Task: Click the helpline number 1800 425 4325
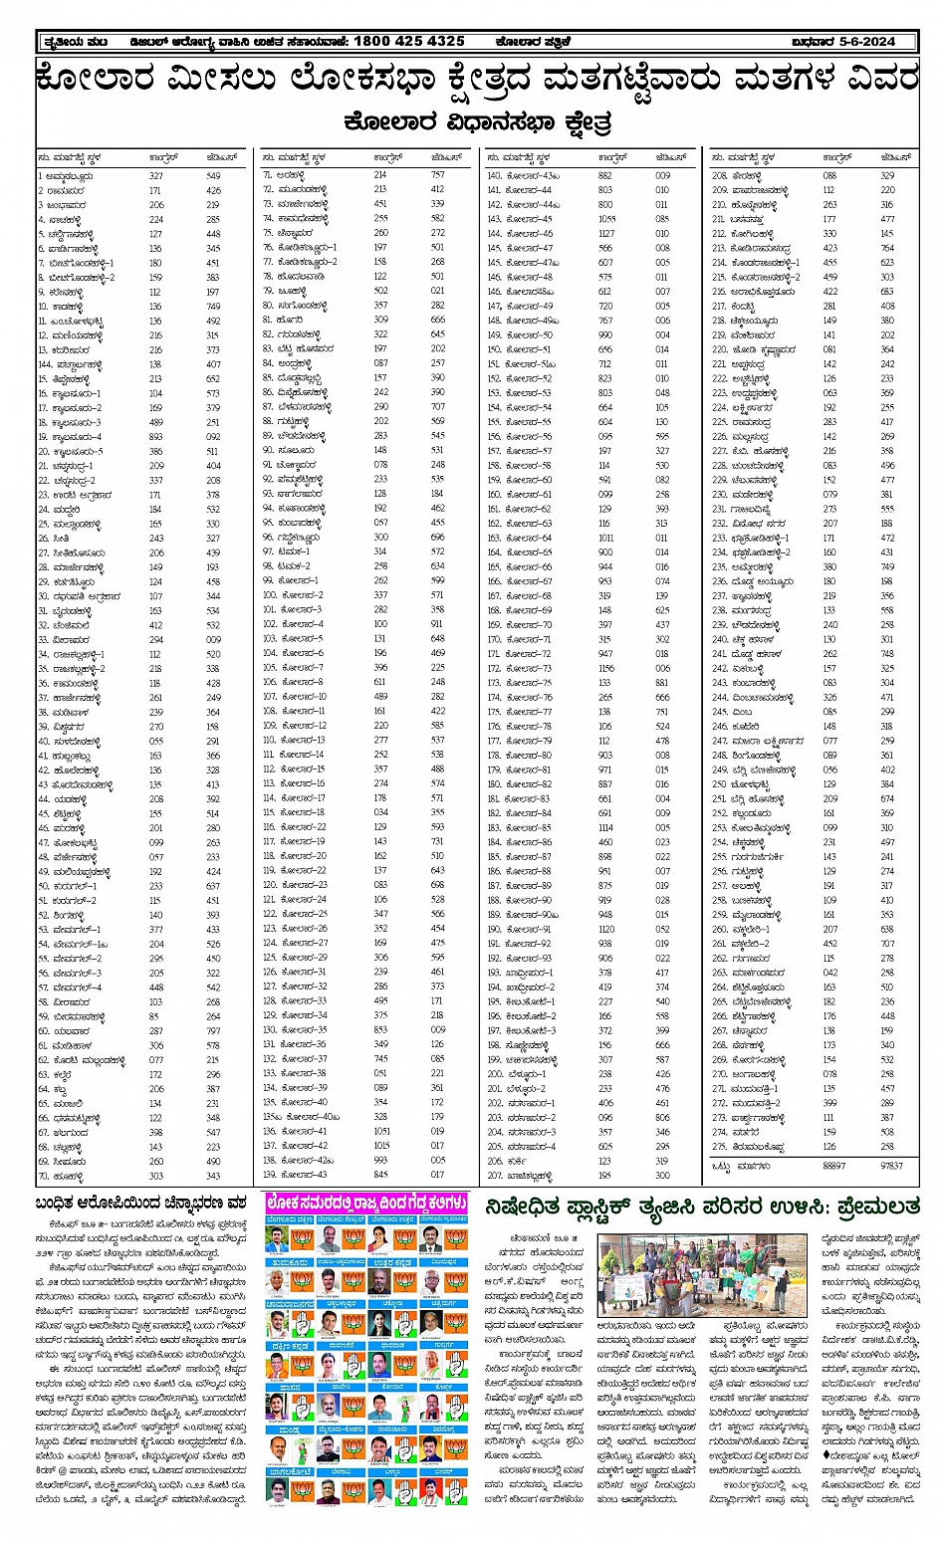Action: [x=408, y=41]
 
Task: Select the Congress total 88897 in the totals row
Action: [x=833, y=1164]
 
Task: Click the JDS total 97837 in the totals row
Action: [x=891, y=1164]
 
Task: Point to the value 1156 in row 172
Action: [x=605, y=668]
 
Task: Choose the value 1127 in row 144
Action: [x=605, y=233]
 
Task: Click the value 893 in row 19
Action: [x=155, y=436]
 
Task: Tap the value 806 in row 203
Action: [x=662, y=1117]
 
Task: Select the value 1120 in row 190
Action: [x=605, y=929]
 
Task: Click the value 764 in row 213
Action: [x=887, y=248]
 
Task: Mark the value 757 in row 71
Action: [x=437, y=175]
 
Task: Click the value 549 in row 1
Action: [x=213, y=175]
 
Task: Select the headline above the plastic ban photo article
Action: [x=702, y=1207]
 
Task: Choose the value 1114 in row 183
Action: [x=605, y=827]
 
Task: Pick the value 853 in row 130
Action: [x=380, y=1029]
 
